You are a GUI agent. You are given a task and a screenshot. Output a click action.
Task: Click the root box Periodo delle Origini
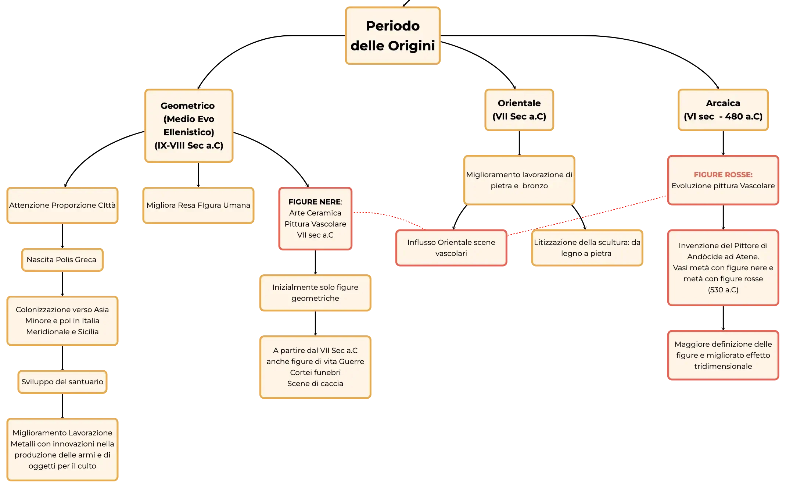pyautogui.click(x=393, y=36)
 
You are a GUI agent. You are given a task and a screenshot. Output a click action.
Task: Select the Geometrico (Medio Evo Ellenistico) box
pyautogui.click(x=189, y=126)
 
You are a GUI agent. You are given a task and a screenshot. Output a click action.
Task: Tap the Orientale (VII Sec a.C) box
pyautogui.click(x=519, y=110)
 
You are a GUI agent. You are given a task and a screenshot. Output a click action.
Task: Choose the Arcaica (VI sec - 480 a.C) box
pyautogui.click(x=723, y=110)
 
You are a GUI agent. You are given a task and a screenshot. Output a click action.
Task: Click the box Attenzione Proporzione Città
pyautogui.click(x=62, y=205)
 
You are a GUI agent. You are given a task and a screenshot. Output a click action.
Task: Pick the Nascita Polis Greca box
pyautogui.click(x=62, y=260)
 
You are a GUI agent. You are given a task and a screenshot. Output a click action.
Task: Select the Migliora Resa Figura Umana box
pyautogui.click(x=198, y=205)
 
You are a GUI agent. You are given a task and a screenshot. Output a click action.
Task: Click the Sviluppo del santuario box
pyautogui.click(x=62, y=382)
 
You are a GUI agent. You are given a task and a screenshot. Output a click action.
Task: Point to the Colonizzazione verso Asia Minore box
pyautogui.click(x=62, y=321)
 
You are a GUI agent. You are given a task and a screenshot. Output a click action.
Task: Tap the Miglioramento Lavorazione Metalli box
pyautogui.click(x=62, y=449)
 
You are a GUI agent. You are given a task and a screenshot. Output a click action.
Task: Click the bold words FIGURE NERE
pyautogui.click(x=315, y=202)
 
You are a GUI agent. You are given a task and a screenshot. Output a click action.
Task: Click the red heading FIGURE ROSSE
pyautogui.click(x=723, y=175)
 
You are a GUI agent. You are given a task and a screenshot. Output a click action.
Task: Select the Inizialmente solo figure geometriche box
pyautogui.click(x=315, y=293)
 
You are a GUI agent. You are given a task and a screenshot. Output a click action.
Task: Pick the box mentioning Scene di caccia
pyautogui.click(x=315, y=367)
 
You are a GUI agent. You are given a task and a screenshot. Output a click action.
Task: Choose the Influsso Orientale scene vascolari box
pyautogui.click(x=451, y=248)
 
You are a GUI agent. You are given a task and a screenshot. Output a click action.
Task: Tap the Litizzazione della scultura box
pyautogui.click(x=587, y=248)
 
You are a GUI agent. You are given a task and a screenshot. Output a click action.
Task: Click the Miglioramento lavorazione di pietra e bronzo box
pyautogui.click(x=519, y=180)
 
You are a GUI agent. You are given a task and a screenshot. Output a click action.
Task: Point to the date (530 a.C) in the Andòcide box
pyautogui.click(x=723, y=290)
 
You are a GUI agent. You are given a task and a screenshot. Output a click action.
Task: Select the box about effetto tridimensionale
pyautogui.click(x=723, y=355)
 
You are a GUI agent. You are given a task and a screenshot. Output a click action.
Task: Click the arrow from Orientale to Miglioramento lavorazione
pyautogui.click(x=519, y=143)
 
